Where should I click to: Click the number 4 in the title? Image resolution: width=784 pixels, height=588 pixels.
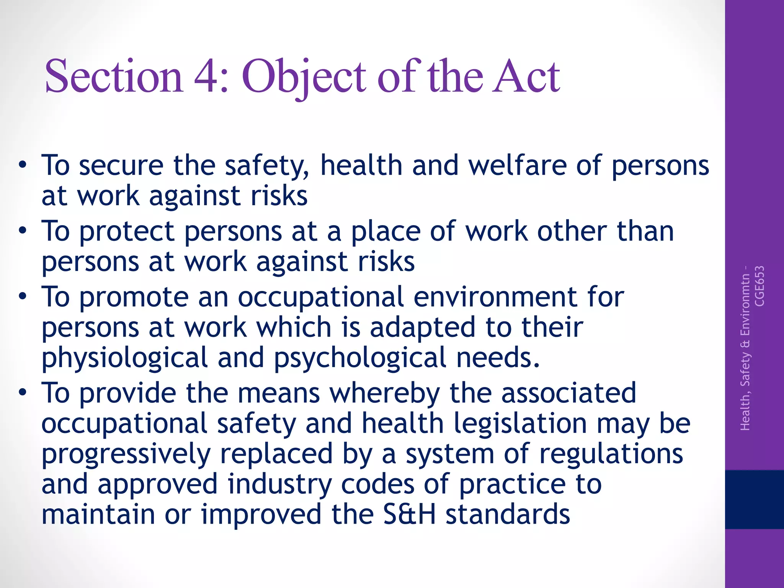206,76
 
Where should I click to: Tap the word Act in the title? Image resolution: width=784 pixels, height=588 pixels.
526,76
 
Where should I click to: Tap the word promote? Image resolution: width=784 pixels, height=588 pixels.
134,297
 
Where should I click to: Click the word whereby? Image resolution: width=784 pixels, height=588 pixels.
385,394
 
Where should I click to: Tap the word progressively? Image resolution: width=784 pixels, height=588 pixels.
126,454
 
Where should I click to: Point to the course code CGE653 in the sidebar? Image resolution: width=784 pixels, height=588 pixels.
759,286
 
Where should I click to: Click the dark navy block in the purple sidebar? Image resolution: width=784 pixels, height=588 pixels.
754,499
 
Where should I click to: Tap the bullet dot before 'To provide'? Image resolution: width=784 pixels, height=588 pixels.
23,393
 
